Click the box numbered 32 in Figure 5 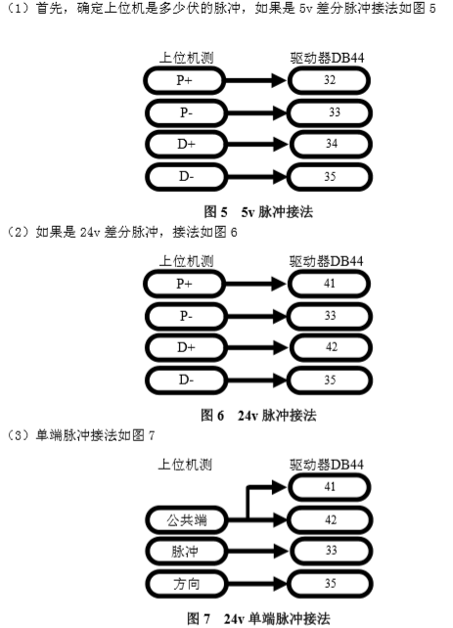[329, 80]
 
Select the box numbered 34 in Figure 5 [331, 144]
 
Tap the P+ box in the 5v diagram [185, 80]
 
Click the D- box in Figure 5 [186, 177]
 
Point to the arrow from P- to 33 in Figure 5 [256, 112]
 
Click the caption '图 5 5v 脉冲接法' [258, 212]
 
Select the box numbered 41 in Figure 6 [329, 284]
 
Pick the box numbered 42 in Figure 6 [331, 347]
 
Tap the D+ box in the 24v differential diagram [186, 347]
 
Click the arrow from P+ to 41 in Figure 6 [256, 284]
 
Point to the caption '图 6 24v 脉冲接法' [258, 416]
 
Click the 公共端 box [187, 520]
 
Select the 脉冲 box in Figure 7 [186, 552]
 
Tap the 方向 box [186, 584]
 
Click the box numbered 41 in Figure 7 [329, 487]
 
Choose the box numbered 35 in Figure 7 [330, 584]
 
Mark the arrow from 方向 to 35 [257, 584]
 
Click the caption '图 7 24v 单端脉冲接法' [258, 619]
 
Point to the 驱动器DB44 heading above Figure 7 [327, 465]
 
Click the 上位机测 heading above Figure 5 [186, 58]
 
